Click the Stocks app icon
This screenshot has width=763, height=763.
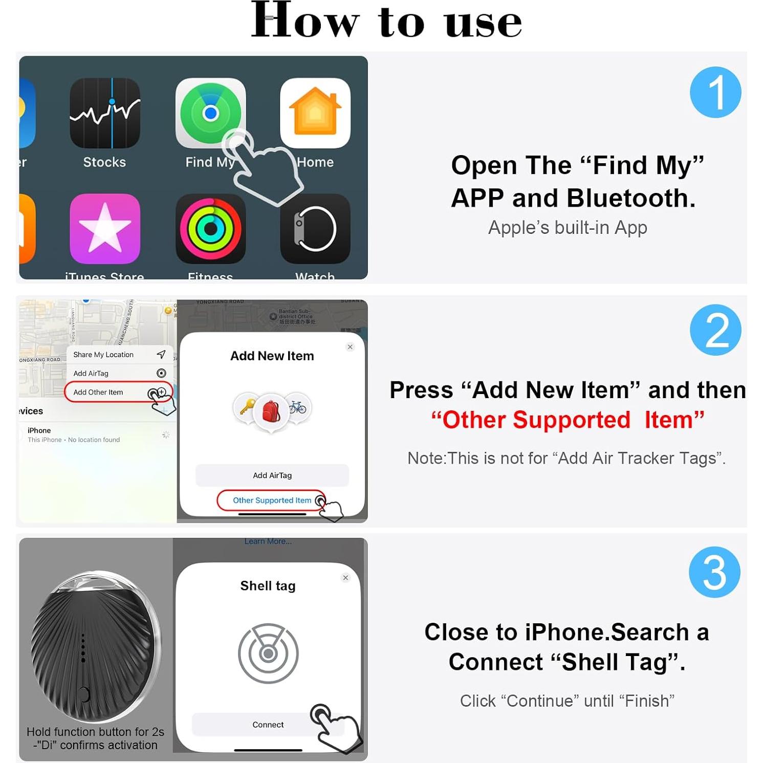pos(105,113)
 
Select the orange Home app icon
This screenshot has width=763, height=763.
pos(315,113)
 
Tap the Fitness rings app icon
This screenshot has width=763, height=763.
pos(210,229)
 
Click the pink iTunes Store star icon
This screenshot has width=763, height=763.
pos(105,229)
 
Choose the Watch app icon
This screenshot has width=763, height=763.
pos(315,229)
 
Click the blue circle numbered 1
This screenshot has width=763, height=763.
pos(715,93)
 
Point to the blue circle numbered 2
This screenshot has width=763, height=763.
pos(715,330)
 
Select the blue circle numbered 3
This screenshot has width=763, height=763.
pos(714,572)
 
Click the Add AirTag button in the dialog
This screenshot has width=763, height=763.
pos(272,475)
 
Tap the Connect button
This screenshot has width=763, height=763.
pos(268,725)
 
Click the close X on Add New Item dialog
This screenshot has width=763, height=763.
pos(350,347)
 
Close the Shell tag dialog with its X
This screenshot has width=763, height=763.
pos(345,578)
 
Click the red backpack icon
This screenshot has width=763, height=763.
pos(271,411)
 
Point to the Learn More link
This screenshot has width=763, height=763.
pos(268,541)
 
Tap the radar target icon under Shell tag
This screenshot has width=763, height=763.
pos(268,653)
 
